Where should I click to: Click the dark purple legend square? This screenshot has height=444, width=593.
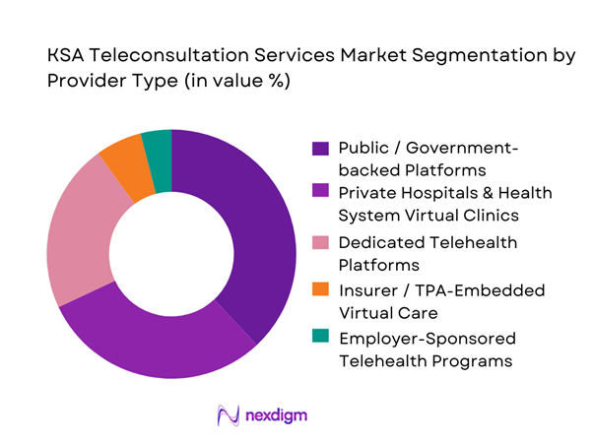(320, 150)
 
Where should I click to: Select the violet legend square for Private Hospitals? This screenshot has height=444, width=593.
(320, 193)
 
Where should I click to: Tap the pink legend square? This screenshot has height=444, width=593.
(320, 242)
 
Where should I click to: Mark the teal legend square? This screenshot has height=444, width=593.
(320, 337)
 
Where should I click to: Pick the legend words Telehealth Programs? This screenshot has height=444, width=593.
(425, 360)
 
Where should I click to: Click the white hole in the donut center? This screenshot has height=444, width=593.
(171, 253)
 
